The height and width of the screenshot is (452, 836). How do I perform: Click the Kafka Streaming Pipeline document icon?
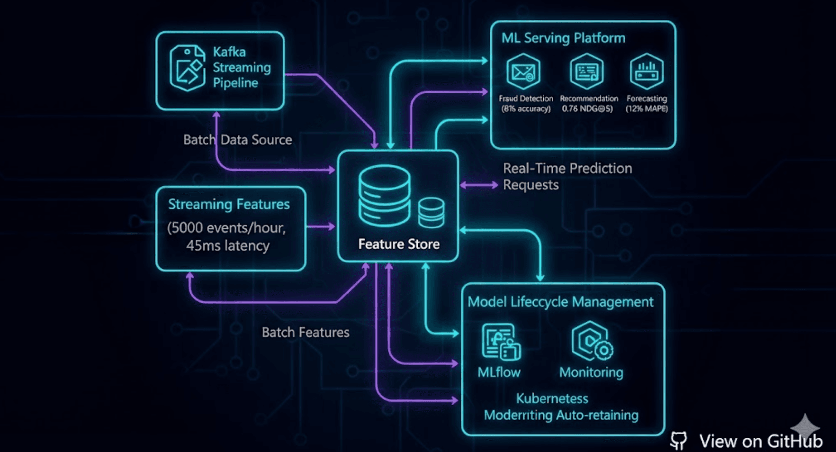click(188, 68)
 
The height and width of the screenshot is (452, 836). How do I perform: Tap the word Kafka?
click(229, 52)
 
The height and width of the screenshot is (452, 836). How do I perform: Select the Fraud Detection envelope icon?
click(523, 72)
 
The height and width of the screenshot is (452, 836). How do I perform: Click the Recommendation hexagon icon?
click(586, 72)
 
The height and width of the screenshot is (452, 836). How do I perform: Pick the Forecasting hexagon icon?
click(647, 72)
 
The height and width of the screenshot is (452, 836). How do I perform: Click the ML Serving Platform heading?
click(563, 38)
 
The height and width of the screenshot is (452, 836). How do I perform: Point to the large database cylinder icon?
click(384, 195)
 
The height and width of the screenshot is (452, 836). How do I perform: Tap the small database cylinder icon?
click(431, 213)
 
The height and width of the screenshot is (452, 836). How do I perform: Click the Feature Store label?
click(399, 244)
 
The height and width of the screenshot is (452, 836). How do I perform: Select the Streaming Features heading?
click(229, 204)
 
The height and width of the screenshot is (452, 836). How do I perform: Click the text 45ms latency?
click(228, 245)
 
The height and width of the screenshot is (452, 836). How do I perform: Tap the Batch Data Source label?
click(237, 140)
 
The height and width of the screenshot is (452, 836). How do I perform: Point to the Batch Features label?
click(306, 332)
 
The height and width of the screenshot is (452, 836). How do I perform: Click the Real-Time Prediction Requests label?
click(567, 176)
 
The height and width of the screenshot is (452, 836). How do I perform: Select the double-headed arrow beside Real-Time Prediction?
click(479, 185)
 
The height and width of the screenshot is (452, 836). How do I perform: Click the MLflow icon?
click(501, 342)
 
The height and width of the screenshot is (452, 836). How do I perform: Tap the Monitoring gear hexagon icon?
click(592, 341)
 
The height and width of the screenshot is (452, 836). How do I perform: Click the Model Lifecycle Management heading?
click(560, 302)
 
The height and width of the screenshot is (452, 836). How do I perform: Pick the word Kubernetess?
click(552, 398)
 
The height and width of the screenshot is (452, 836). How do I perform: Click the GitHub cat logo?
click(678, 441)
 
